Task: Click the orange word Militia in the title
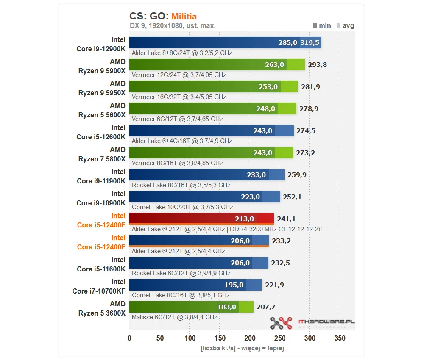[184, 17]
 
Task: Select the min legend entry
[322, 25]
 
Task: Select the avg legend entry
[345, 25]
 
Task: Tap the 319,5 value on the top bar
[310, 43]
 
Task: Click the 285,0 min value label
[287, 43]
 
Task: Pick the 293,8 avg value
[317, 65]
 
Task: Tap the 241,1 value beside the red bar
[286, 219]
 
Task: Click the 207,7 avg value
[266, 307]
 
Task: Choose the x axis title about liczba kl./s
[242, 349]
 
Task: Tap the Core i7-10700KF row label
[99, 287]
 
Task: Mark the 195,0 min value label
[233, 285]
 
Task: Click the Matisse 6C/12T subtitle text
[175, 317]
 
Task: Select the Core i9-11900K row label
[101, 177]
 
